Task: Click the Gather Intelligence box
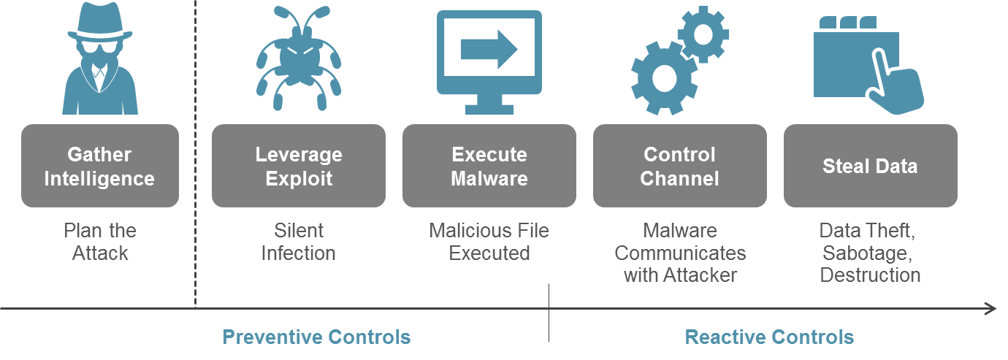tap(99, 166)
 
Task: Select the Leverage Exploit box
tap(298, 166)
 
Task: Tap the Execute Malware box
tap(489, 166)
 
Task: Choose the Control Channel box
tap(679, 166)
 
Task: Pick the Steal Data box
tap(870, 166)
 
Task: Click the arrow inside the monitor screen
tap(489, 50)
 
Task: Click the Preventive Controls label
tap(316, 337)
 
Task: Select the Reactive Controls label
tap(768, 337)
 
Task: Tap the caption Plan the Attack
tap(100, 242)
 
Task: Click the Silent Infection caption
tap(298, 242)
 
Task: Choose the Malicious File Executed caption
tap(489, 242)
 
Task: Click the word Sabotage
tap(868, 253)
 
